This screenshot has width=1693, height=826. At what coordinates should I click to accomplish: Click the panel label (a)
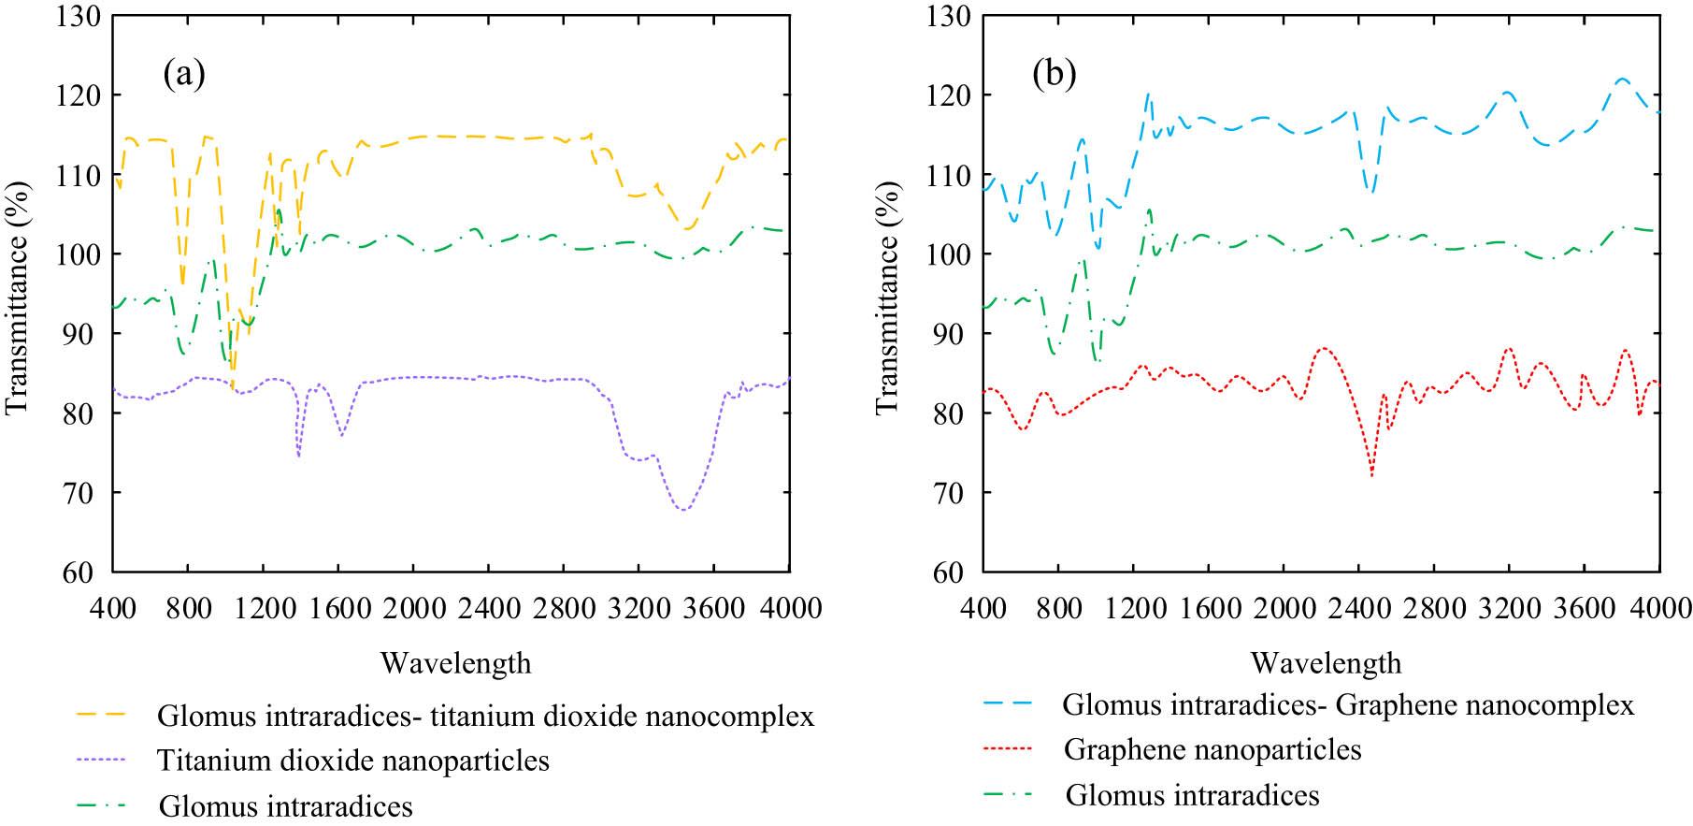pyautogui.click(x=183, y=74)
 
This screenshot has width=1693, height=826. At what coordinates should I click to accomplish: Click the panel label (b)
pyautogui.click(x=1054, y=74)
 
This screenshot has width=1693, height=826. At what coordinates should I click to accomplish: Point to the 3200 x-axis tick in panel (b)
pyautogui.click(x=1508, y=608)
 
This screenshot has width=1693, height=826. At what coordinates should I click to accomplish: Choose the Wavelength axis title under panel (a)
pyautogui.click(x=455, y=663)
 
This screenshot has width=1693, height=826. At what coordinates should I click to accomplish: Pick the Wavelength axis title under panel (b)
pyautogui.click(x=1326, y=663)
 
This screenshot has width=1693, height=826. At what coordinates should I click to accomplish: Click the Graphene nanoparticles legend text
pyautogui.click(x=1212, y=749)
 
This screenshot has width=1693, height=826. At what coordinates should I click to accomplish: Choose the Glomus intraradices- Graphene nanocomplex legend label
pyautogui.click(x=1348, y=704)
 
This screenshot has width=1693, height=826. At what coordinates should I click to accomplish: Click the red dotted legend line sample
pyautogui.click(x=1006, y=749)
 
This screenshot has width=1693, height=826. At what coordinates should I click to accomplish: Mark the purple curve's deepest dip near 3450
pyautogui.click(x=684, y=510)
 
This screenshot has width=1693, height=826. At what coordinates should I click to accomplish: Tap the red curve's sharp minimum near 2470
pyautogui.click(x=1371, y=475)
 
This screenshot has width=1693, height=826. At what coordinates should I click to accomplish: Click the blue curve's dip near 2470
pyautogui.click(x=1370, y=192)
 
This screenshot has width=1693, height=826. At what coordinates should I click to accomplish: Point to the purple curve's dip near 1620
pyautogui.click(x=342, y=436)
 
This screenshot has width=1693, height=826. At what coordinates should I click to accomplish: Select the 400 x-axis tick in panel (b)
pyautogui.click(x=983, y=608)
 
